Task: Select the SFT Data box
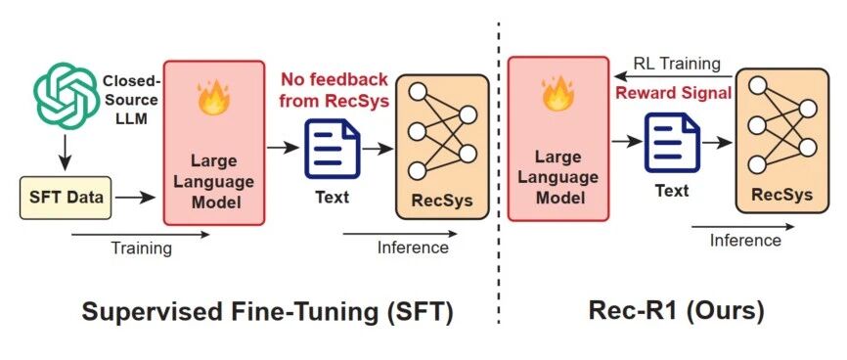tap(66, 198)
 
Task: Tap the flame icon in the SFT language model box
tap(213, 96)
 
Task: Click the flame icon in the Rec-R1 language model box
tap(558, 92)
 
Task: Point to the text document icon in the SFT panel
tap(333, 149)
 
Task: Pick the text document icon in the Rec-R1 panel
tap(672, 143)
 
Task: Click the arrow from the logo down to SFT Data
tap(65, 152)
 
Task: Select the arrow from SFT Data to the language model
tap(136, 198)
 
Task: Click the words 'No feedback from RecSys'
tap(334, 90)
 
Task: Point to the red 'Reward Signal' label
tap(674, 92)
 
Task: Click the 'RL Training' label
tap(677, 64)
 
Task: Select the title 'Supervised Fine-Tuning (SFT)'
tap(267, 312)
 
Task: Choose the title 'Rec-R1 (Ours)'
tap(676, 311)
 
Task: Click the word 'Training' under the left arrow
tap(141, 248)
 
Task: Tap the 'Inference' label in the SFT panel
tap(413, 247)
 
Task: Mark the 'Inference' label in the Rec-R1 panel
tap(745, 240)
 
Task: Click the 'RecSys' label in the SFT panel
tap(442, 200)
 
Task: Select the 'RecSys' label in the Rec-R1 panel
tap(781, 195)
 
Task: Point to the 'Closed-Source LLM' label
tap(131, 100)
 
